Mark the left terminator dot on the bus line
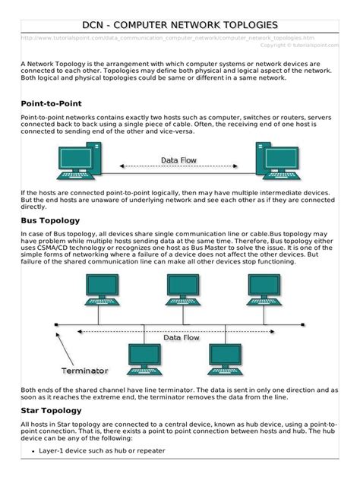55,328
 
